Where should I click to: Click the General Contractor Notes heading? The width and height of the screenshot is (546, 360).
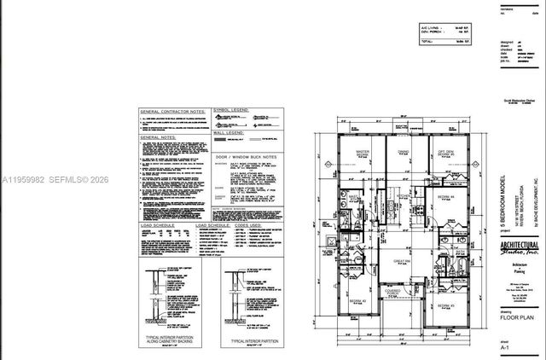coord(172,112)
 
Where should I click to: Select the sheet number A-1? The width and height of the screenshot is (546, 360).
coord(504,348)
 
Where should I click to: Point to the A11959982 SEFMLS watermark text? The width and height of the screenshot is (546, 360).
coord(51,179)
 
